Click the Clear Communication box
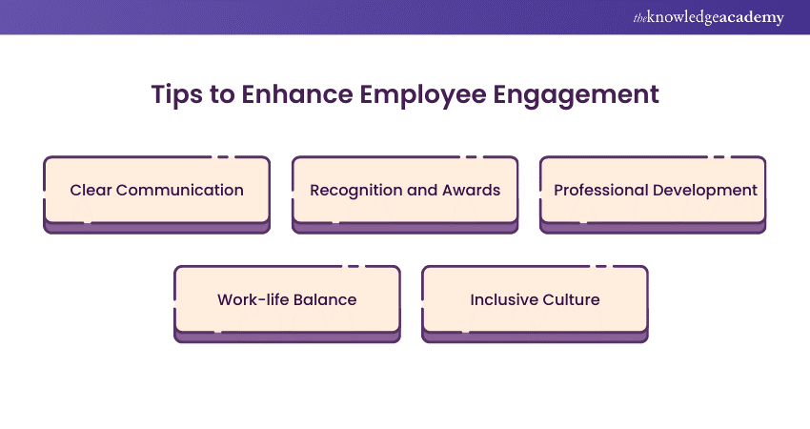pyautogui.click(x=157, y=191)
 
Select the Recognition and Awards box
pyautogui.click(x=405, y=191)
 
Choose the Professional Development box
pyautogui.click(x=654, y=191)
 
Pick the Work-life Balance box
pyautogui.click(x=287, y=300)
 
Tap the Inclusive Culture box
pyautogui.click(x=535, y=300)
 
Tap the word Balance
pyautogui.click(x=325, y=299)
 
